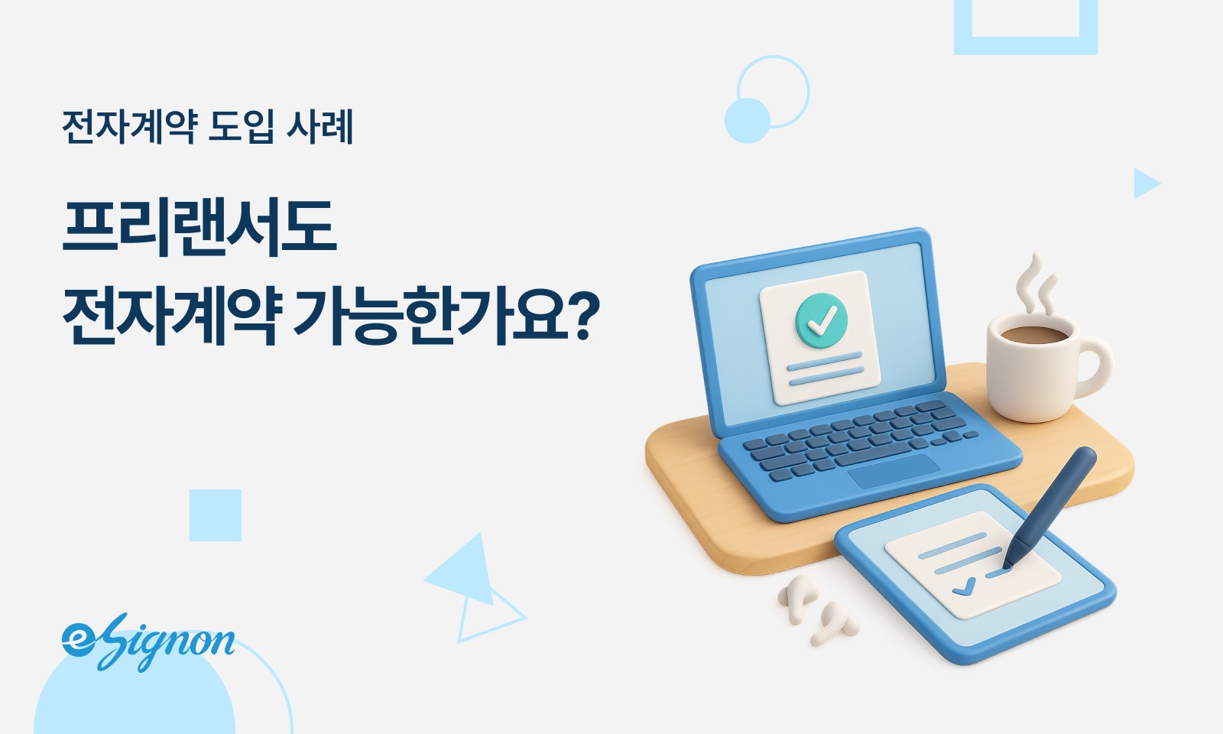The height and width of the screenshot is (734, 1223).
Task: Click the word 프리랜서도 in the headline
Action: point(199,227)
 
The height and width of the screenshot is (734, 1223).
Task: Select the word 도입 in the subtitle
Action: point(240,126)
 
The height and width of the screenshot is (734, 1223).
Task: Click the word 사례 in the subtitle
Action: point(320,126)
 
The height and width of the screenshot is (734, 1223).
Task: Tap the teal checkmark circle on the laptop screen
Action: point(821,319)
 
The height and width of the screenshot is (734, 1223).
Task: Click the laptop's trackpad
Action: point(894,471)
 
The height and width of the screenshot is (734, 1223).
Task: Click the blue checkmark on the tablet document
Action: point(964,586)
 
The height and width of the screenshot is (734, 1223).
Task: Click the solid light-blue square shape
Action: point(216,515)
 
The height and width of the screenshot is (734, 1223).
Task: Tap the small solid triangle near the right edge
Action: point(1144,183)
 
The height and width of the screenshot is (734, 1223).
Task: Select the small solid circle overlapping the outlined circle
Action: point(747,121)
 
